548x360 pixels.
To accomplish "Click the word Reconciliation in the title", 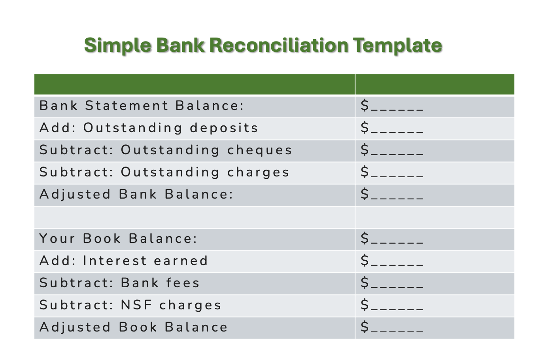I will [x=278, y=45].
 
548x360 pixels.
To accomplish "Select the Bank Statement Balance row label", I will [x=142, y=106].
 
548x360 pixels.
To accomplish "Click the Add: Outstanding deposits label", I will [x=149, y=128].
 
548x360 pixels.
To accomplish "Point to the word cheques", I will [x=260, y=150].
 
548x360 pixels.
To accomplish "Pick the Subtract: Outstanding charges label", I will [x=164, y=172].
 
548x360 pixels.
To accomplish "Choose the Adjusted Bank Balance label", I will [x=136, y=195].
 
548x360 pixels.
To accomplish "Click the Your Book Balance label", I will [x=118, y=239].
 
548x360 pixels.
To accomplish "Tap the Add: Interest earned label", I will [x=124, y=261].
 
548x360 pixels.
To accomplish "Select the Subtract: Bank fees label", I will [x=119, y=283].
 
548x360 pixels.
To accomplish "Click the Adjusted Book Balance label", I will [x=134, y=328].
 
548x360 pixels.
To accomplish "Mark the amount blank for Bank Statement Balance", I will [x=392, y=106].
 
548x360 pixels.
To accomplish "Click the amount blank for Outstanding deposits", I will [x=392, y=128].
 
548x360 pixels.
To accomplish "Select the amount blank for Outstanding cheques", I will [x=392, y=150].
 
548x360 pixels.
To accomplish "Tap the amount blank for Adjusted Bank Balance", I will [x=392, y=195].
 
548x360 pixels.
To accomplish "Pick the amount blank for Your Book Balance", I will [x=392, y=239].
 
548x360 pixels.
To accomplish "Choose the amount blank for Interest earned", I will [x=392, y=261].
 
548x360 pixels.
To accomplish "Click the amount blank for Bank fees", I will [x=392, y=283].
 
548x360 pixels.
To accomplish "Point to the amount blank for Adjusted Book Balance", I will [x=392, y=328].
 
